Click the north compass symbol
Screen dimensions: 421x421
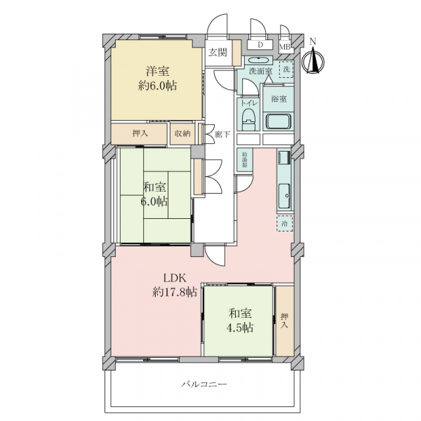click(x=314, y=59)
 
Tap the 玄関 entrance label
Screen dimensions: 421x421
click(x=217, y=53)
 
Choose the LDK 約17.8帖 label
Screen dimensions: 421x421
click(x=174, y=284)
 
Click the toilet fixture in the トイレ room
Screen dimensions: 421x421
click(x=248, y=120)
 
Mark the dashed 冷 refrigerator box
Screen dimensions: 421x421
click(x=285, y=223)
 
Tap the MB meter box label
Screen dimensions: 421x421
click(x=285, y=47)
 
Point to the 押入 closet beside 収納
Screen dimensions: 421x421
click(x=140, y=133)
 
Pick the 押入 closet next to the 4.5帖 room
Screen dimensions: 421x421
click(x=284, y=321)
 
